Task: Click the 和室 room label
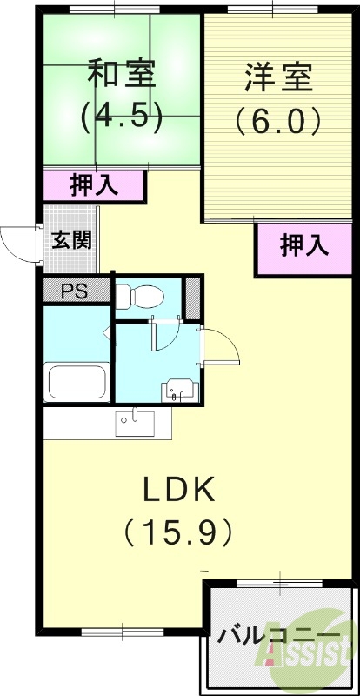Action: [122, 73]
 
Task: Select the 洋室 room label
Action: [278, 77]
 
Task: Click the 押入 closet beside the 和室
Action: [95, 184]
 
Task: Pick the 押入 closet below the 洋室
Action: [304, 246]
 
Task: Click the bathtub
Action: [77, 381]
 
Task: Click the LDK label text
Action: [178, 490]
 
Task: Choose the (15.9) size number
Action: [178, 528]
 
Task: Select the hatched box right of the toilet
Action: [193, 298]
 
